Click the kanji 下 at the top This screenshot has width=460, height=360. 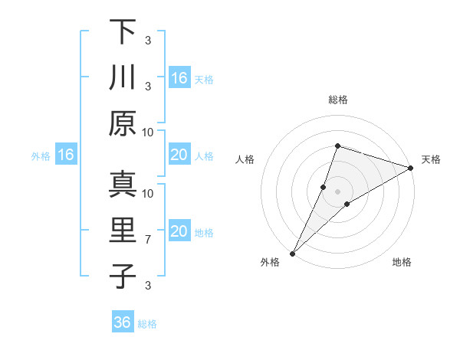[x=122, y=32]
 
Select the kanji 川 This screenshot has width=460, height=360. [x=122, y=77]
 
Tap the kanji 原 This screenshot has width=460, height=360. [x=122, y=123]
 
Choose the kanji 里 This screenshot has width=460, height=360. [x=122, y=231]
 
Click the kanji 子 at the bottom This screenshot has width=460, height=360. [x=122, y=276]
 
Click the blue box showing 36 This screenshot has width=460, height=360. [x=123, y=322]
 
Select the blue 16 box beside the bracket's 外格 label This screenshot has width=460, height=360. [x=66, y=155]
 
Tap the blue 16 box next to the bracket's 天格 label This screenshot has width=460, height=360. [x=179, y=77]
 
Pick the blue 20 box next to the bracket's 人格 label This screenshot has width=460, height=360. [x=179, y=155]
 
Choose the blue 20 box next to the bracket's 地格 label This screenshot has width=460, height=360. [x=179, y=231]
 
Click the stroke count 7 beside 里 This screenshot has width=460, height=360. [x=148, y=240]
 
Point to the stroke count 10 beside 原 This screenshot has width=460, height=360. [x=148, y=132]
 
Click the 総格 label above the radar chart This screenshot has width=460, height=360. [x=337, y=100]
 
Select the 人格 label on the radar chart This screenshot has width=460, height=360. [x=245, y=159]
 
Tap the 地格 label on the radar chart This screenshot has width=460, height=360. [x=402, y=263]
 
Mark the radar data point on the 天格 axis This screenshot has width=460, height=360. [x=411, y=168]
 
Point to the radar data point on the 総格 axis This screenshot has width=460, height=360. [x=337, y=146]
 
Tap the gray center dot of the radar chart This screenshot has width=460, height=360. [x=337, y=191]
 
